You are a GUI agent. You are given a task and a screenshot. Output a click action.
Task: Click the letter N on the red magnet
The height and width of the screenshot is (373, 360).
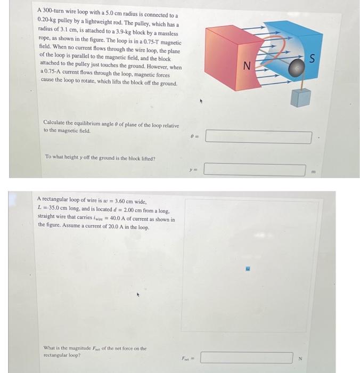[247, 66]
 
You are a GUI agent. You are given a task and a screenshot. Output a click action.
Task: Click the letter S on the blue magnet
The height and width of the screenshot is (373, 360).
[312, 59]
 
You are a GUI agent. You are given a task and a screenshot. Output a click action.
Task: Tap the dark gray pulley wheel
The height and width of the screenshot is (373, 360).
[297, 68]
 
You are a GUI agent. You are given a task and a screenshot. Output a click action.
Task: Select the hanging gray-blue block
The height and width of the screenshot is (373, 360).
[300, 98]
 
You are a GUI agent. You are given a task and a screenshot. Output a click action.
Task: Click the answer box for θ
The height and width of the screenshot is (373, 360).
[258, 137]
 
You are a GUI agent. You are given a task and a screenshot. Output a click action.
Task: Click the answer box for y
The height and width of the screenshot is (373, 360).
[255, 169]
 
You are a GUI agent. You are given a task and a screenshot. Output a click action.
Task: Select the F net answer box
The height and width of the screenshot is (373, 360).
[247, 358]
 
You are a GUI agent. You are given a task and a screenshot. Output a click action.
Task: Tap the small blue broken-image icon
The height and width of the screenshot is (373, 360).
[248, 269]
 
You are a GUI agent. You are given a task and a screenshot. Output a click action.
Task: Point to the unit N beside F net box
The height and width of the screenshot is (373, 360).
[300, 358]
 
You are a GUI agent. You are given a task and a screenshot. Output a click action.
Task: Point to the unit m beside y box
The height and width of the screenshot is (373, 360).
[314, 171]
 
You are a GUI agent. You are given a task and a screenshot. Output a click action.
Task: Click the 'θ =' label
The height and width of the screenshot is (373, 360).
[195, 136]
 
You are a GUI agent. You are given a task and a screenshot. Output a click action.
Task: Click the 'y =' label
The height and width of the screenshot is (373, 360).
[193, 170]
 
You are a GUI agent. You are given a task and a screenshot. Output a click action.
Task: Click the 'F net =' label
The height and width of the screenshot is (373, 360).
[188, 358]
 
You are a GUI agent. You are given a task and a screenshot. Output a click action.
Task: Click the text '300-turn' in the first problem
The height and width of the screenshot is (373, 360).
[53, 11]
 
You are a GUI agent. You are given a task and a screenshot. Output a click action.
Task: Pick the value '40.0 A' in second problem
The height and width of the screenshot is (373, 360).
[118, 218]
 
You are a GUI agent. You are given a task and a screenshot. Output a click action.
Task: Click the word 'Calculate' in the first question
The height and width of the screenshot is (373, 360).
[54, 123]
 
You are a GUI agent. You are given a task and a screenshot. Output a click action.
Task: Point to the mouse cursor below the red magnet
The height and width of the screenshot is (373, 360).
[201, 101]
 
